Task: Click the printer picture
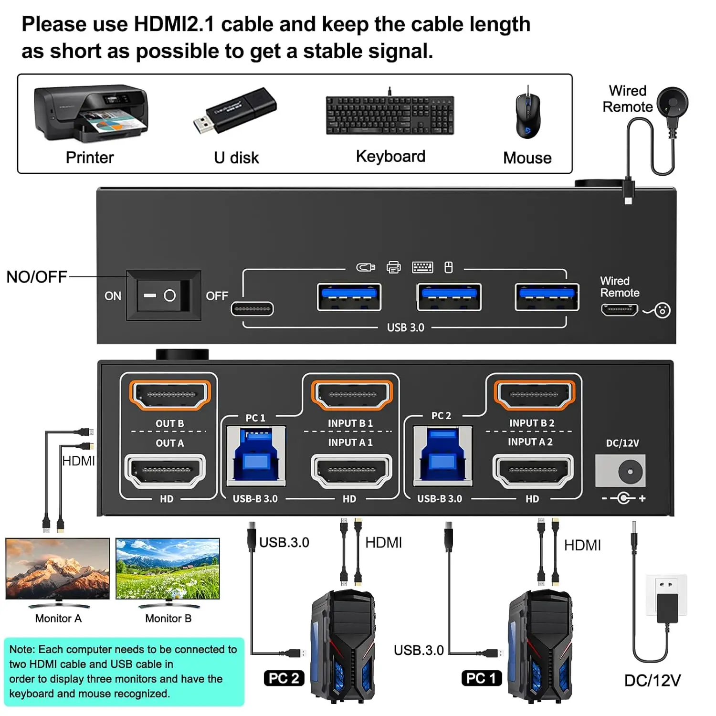click(x=91, y=114)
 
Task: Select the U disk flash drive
click(x=235, y=111)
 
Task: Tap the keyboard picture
click(x=390, y=115)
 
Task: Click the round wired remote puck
click(x=673, y=103)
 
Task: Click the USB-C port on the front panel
click(x=252, y=309)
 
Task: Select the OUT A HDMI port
click(x=165, y=471)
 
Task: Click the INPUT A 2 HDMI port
click(x=533, y=471)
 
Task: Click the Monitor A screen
click(x=58, y=568)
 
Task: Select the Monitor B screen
click(x=168, y=568)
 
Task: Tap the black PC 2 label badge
click(x=284, y=678)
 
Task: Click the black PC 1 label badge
click(x=482, y=678)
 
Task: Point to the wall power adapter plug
click(x=667, y=604)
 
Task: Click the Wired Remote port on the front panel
click(x=620, y=310)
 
